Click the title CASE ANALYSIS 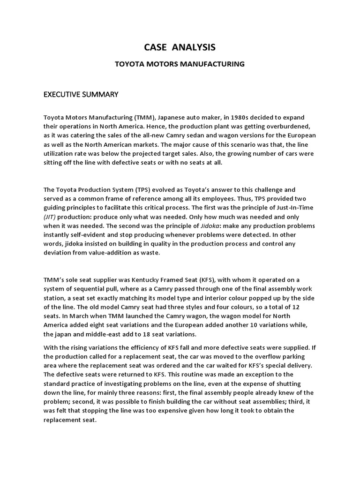[x=180, y=47]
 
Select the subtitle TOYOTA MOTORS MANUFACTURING [x=180, y=64]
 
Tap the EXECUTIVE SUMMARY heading [x=81, y=95]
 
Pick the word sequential [x=90, y=289]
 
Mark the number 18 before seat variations [x=149, y=335]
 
